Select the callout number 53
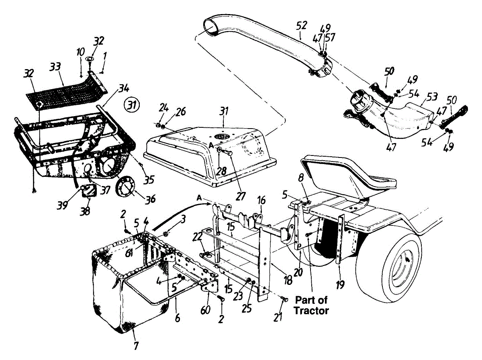(421, 97)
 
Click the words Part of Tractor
(312, 305)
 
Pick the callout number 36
(151, 199)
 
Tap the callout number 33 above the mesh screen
(55, 67)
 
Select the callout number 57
(331, 37)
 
